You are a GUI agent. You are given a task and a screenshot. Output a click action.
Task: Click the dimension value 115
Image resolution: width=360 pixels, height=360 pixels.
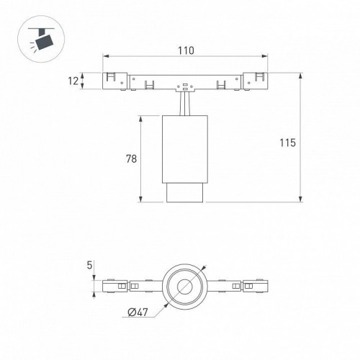[x=289, y=143]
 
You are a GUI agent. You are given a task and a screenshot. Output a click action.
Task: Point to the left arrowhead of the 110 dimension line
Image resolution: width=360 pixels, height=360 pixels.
[x=106, y=57]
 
